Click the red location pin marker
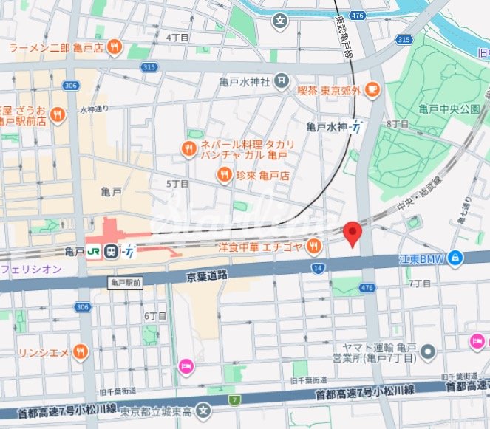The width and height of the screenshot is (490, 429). pyautogui.click(x=353, y=233)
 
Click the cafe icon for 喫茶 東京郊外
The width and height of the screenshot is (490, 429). pyautogui.click(x=372, y=90)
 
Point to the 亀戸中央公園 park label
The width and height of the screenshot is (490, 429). pyautogui.click(x=449, y=109)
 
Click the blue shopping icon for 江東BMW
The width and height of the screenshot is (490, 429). pyautogui.click(x=457, y=257)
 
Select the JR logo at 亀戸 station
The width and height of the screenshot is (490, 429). pyautogui.click(x=94, y=252)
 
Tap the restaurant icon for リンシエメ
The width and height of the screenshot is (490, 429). pyautogui.click(x=81, y=351)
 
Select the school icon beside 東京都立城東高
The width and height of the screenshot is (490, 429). pyautogui.click(x=205, y=411)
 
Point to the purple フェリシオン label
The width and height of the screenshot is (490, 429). pyautogui.click(x=31, y=270)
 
